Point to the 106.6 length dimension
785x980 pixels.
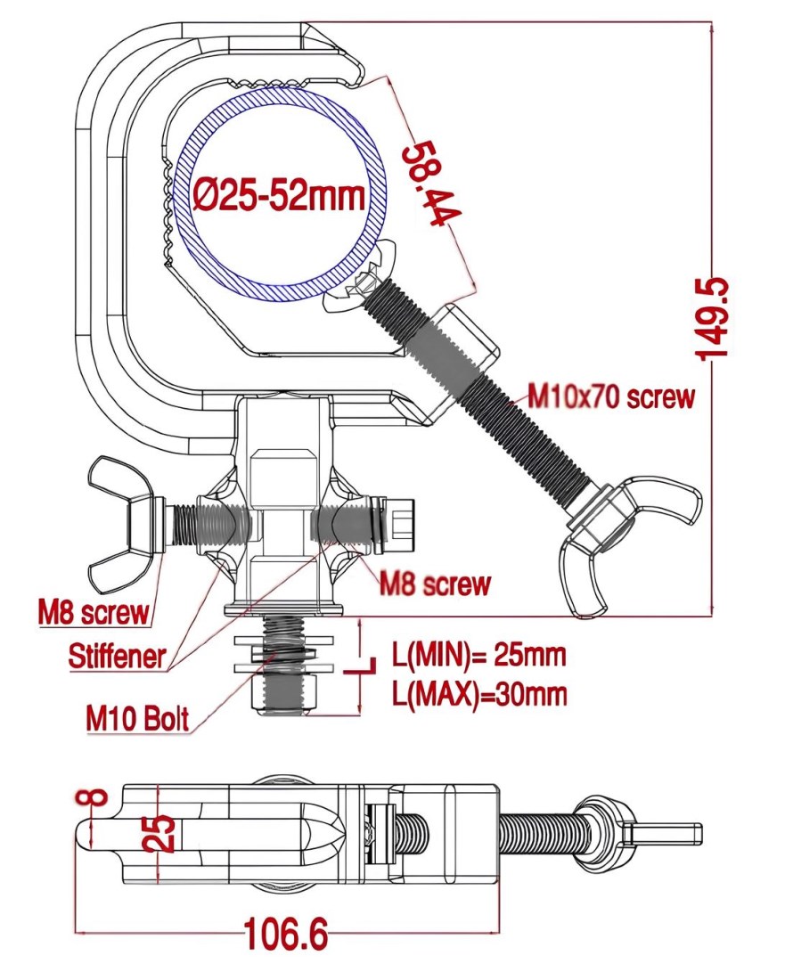(x=285, y=935)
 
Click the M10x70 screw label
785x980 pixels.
(x=610, y=396)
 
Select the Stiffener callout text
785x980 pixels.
(x=118, y=657)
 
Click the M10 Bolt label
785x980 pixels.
(x=138, y=717)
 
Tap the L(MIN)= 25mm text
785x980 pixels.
(x=479, y=657)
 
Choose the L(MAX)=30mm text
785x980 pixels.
(x=479, y=693)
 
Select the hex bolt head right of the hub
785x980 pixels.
(x=398, y=526)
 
